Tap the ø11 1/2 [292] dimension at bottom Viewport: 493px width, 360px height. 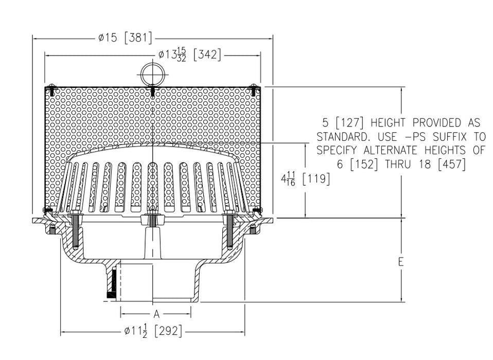coord(153,332)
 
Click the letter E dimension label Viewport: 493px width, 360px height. coord(400,262)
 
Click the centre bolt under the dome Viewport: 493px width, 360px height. coord(152,221)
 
